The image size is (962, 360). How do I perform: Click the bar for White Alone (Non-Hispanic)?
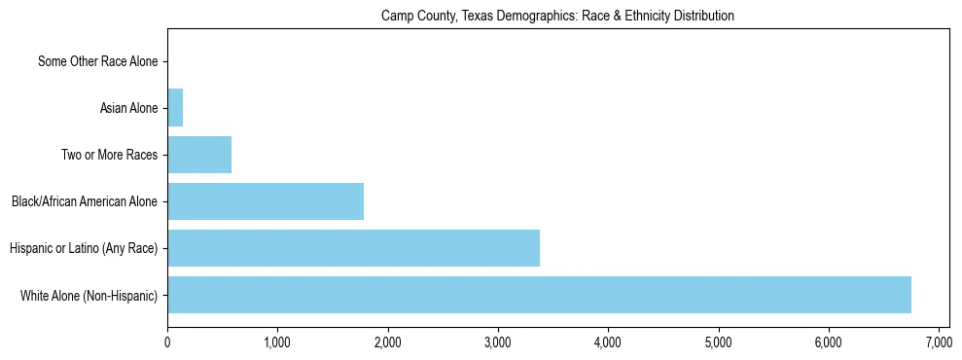[x=539, y=295]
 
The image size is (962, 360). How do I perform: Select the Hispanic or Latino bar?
[x=353, y=248]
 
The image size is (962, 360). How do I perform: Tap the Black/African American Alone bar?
[x=266, y=201]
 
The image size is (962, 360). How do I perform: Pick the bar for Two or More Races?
[x=199, y=155]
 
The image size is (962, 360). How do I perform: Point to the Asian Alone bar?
[x=175, y=108]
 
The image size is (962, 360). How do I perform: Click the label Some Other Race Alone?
[x=97, y=61]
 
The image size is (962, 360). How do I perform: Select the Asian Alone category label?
[x=128, y=108]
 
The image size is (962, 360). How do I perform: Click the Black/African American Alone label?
[x=85, y=201]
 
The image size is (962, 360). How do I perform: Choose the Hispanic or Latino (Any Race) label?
[x=84, y=248]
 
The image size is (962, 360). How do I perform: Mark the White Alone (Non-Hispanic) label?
[x=89, y=295]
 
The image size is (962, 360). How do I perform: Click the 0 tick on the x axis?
[x=167, y=342]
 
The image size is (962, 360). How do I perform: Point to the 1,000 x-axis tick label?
[x=277, y=342]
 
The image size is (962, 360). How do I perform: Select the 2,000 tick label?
[x=388, y=342]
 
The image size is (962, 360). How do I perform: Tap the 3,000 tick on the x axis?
[x=498, y=342]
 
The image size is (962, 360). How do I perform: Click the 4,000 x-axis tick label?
[x=608, y=342]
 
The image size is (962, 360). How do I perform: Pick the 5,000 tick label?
[x=719, y=342]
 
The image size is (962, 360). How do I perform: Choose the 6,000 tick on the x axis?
[x=829, y=342]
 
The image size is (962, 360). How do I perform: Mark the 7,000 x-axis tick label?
[x=939, y=342]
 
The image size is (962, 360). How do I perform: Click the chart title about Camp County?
[x=557, y=17]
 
